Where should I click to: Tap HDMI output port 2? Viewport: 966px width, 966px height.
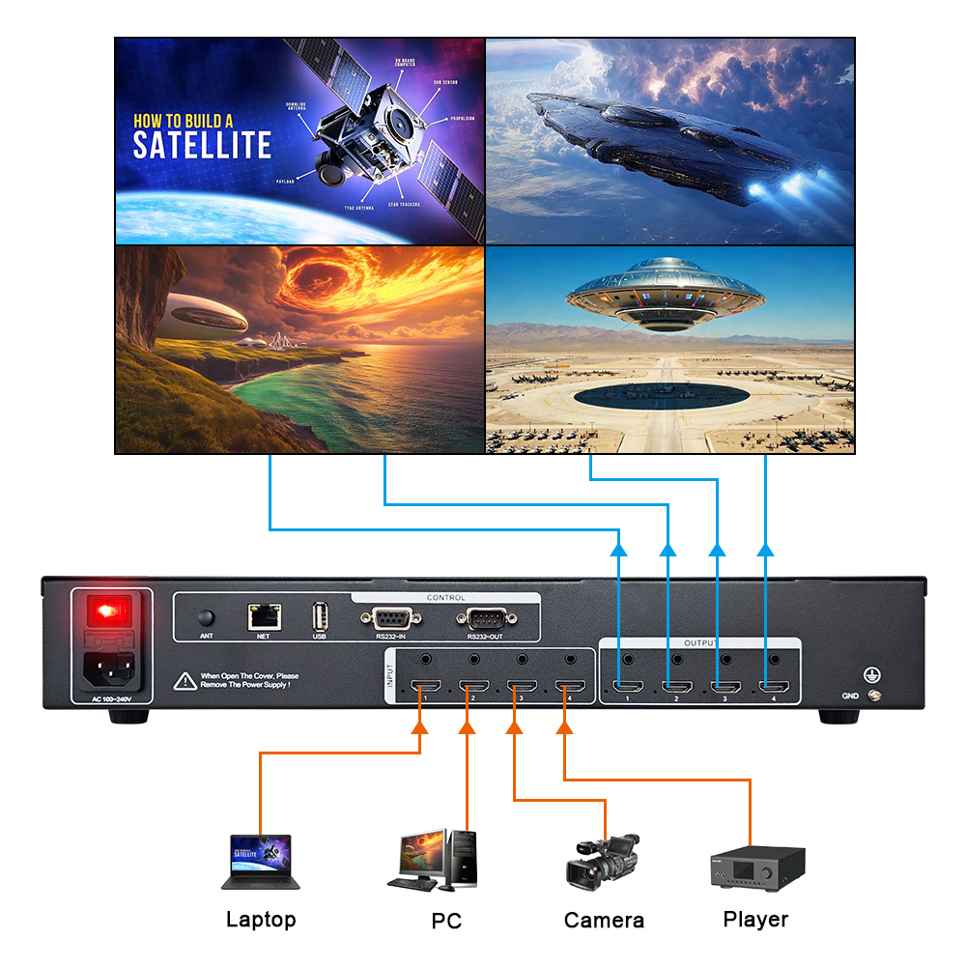673,689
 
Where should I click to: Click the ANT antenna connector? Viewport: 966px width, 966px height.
206,616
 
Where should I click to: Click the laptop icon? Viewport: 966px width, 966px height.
260,862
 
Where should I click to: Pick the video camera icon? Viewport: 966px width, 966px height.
601,862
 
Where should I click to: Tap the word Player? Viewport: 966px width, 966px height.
755,920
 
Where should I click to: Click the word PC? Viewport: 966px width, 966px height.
446,921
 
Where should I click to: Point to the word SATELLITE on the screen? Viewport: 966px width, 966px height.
202,146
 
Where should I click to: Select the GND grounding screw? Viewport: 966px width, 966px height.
875,695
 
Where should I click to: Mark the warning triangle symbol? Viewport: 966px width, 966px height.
185,680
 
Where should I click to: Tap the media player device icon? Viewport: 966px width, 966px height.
754,867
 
